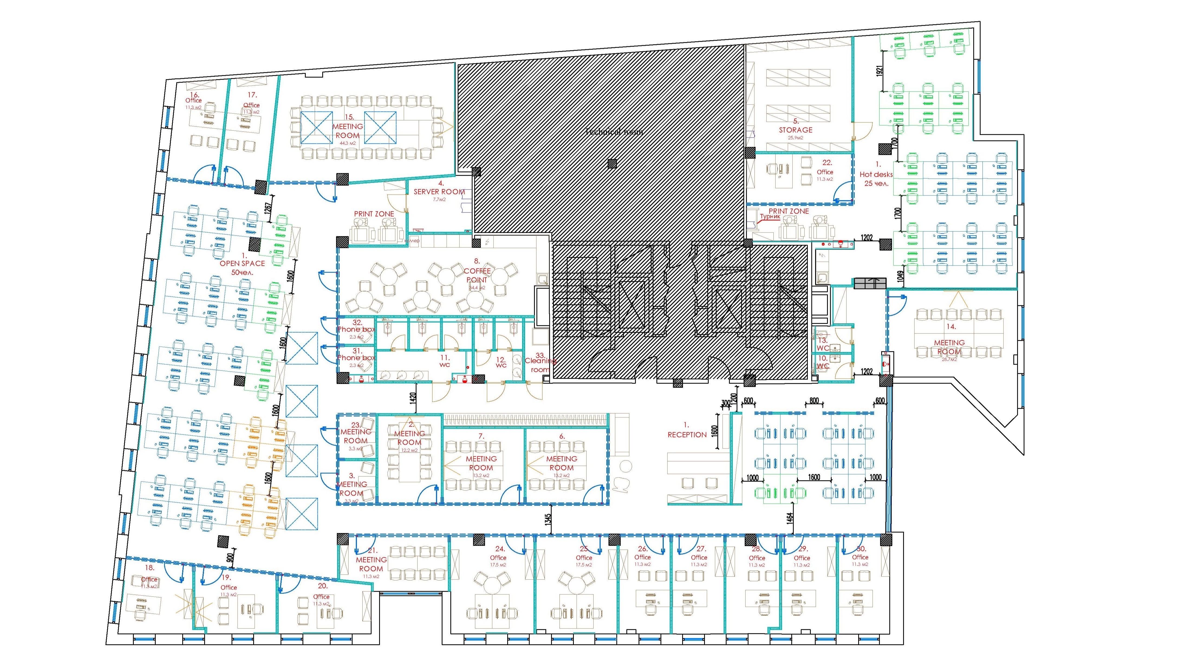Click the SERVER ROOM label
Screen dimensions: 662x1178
pos(439,192)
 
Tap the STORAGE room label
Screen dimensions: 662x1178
pos(796,130)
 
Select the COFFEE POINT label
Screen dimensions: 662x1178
pos(477,275)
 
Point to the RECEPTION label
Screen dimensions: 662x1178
pos(687,434)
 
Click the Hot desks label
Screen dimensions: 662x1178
pos(876,174)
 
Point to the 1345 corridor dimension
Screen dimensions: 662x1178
pos(548,519)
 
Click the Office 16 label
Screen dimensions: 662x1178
pos(193,100)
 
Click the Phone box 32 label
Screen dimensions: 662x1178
pos(356,329)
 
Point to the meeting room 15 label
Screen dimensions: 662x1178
pos(347,131)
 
